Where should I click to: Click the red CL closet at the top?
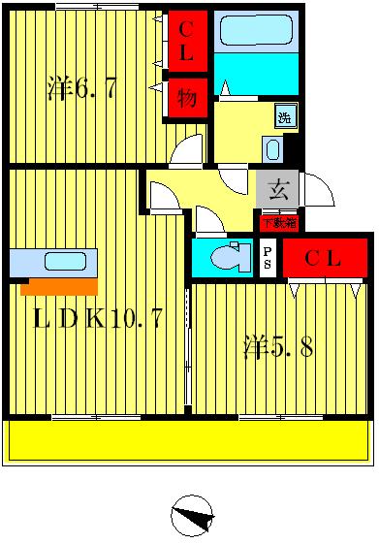coord(185,41)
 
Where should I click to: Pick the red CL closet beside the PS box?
coord(323,259)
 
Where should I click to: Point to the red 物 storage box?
coord(185,97)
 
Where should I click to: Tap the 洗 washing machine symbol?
coord(285,117)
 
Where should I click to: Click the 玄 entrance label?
coord(278,190)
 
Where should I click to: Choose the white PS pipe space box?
coord(268,258)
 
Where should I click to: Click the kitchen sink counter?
coord(53,262)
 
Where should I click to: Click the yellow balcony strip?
coord(189,441)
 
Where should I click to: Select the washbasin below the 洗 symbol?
coord(272,148)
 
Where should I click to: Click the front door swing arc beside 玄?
coord(319,189)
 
